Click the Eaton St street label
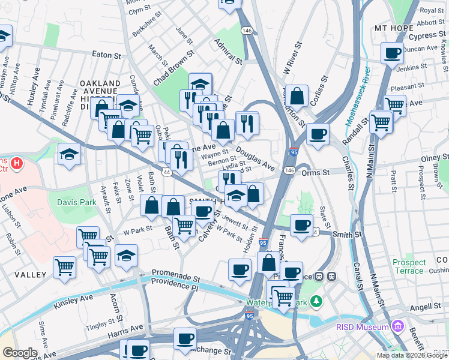107,55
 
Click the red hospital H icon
17,163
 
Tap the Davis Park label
77,203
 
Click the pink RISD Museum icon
396,326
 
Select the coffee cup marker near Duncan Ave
393,53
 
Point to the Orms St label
316,172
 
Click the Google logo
20,353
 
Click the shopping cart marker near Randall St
381,122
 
